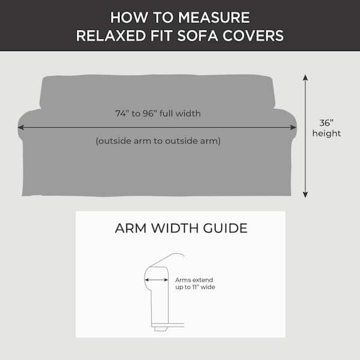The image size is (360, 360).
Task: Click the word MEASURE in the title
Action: [x=214, y=17]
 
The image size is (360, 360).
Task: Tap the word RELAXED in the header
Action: [x=111, y=36]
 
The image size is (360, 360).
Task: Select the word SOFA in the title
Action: [x=197, y=36]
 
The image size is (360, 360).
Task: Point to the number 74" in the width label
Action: [x=122, y=113]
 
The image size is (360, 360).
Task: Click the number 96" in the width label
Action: [x=149, y=113]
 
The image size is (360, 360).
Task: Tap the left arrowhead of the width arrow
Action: [x=20, y=127]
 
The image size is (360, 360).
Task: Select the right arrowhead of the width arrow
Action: [x=293, y=127]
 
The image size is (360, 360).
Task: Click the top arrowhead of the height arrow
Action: [x=305, y=77]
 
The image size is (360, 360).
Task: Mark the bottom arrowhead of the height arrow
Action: [x=305, y=194]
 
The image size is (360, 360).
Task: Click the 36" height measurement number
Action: [x=326, y=123]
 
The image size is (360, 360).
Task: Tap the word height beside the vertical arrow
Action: [x=326, y=134]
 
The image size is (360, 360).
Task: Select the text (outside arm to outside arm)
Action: [x=158, y=141]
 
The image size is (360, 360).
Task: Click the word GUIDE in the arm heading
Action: [x=225, y=228]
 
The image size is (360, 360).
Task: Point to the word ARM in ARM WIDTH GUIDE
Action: [x=131, y=228]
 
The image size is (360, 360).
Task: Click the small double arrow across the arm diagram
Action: [x=157, y=280]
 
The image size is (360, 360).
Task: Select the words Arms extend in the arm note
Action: [x=194, y=280]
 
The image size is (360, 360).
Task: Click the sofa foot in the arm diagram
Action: [x=160, y=329]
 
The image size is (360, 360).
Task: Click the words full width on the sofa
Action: [x=180, y=113]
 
